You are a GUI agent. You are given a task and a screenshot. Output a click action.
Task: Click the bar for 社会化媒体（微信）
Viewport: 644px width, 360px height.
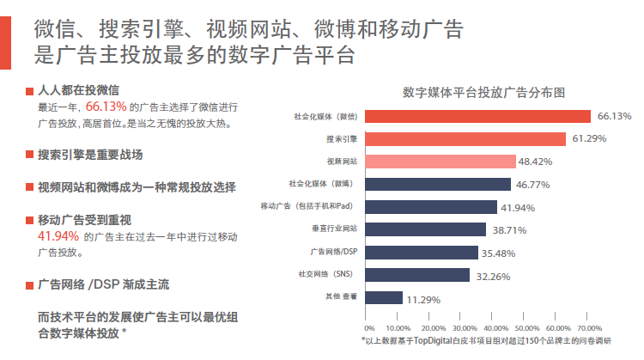(x=477, y=116)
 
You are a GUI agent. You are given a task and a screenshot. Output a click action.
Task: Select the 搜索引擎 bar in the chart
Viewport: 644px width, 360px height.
(x=465, y=139)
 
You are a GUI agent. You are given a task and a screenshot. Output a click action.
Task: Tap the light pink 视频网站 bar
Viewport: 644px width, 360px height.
(x=440, y=162)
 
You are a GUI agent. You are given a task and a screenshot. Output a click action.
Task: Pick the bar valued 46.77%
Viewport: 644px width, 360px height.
(x=438, y=184)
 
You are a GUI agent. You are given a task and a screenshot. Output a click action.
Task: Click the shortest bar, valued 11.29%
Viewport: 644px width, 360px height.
(x=384, y=297)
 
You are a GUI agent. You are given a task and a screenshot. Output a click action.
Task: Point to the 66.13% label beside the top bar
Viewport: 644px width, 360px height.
(x=614, y=116)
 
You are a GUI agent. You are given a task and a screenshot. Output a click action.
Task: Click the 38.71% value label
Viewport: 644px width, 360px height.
(x=509, y=230)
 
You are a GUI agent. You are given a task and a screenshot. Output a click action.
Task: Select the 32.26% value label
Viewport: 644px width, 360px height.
(x=493, y=277)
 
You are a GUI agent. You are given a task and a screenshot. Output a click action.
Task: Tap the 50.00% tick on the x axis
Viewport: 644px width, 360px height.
(x=527, y=328)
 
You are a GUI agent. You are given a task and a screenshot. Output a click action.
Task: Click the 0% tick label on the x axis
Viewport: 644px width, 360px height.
(x=369, y=328)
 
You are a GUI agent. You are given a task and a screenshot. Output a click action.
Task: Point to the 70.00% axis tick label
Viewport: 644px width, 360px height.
(x=589, y=328)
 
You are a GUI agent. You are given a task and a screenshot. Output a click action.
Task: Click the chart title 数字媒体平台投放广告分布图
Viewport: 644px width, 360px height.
(x=483, y=93)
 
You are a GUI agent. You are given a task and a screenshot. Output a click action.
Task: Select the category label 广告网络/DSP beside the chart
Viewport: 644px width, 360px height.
(x=333, y=252)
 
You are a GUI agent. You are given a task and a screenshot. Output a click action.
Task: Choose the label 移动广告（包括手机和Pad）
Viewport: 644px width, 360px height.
(x=307, y=206)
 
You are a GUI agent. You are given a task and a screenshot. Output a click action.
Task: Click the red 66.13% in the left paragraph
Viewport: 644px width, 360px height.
(x=106, y=107)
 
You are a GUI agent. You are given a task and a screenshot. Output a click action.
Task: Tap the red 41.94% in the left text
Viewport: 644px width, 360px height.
(x=58, y=236)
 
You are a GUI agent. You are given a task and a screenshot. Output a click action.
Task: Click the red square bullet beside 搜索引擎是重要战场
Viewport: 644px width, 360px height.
(x=29, y=155)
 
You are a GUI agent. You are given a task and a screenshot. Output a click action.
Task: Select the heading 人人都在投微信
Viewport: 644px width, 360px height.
(x=78, y=90)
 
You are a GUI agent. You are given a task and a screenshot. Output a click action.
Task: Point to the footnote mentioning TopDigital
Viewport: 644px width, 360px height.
(x=486, y=341)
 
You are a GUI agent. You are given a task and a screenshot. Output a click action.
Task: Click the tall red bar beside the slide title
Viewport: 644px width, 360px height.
(x=5, y=43)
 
